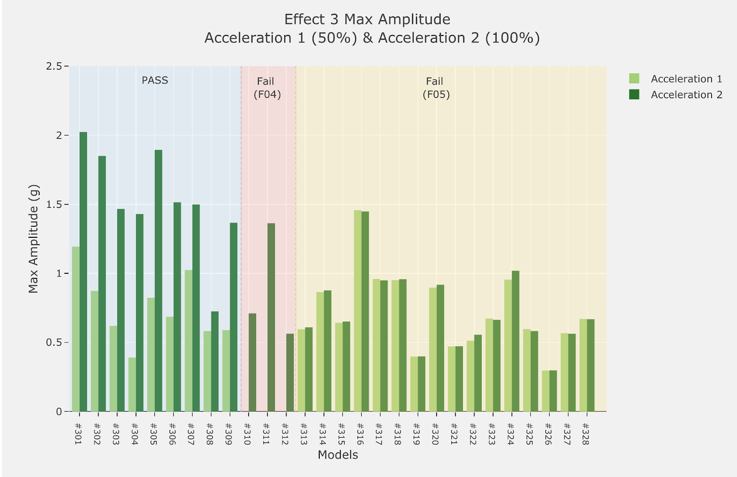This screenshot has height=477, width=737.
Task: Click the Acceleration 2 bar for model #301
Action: coord(83,272)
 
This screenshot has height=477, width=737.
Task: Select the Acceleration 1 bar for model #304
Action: coord(132,384)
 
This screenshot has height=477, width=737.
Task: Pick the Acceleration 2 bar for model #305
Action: coord(158,281)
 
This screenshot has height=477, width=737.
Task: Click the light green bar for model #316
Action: coord(358,311)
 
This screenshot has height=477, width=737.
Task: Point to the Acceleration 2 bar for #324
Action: coord(515,341)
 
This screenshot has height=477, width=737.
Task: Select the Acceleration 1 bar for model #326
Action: coord(545,391)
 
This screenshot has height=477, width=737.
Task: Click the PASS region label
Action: coord(155,80)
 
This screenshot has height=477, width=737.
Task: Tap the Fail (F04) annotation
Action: coord(267,88)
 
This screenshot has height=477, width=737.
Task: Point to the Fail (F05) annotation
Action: coord(436,88)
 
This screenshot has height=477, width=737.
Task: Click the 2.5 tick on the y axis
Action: coord(54,66)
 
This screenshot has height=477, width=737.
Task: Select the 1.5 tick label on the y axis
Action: coord(54,204)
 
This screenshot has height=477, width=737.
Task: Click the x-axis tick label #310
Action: coord(247,434)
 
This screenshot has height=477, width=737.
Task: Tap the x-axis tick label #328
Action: coord(585,434)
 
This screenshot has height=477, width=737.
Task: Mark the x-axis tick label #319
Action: coord(416,434)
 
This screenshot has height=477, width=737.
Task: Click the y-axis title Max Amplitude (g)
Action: coord(33,239)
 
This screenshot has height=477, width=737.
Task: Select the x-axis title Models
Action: coord(338,455)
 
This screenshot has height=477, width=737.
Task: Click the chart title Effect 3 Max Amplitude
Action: coord(367,19)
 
